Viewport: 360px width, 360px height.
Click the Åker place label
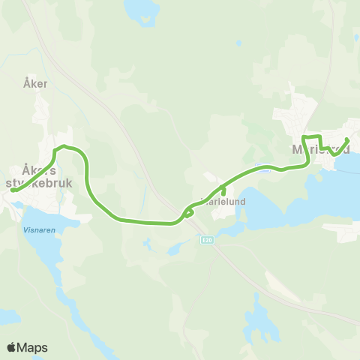[x=34, y=84]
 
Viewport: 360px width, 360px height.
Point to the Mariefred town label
[x=315, y=149]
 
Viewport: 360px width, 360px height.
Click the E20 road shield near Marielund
[x=207, y=239]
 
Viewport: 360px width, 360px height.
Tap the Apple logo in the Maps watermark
[x=11, y=347]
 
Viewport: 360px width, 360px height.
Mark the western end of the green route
[x=13, y=190]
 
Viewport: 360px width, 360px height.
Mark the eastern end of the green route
[x=347, y=139]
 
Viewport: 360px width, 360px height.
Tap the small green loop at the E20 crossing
[x=188, y=212]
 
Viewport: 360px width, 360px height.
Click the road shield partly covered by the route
[x=262, y=167]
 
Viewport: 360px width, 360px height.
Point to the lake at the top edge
[x=142, y=10]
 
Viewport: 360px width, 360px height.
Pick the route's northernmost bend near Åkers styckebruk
[x=64, y=146]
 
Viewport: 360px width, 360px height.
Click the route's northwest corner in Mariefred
[x=303, y=137]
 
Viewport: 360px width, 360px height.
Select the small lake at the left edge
[x=7, y=316]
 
